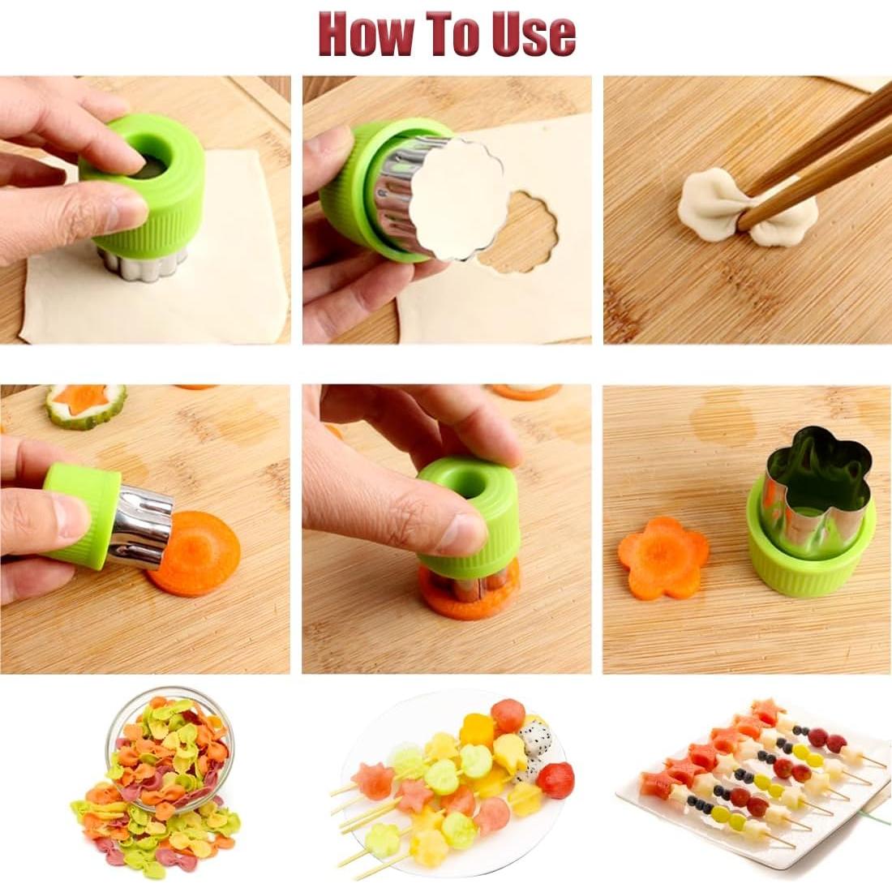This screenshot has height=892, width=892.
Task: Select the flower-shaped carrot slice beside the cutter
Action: point(663,558)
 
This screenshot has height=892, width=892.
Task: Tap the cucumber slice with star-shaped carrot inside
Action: point(85,405)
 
